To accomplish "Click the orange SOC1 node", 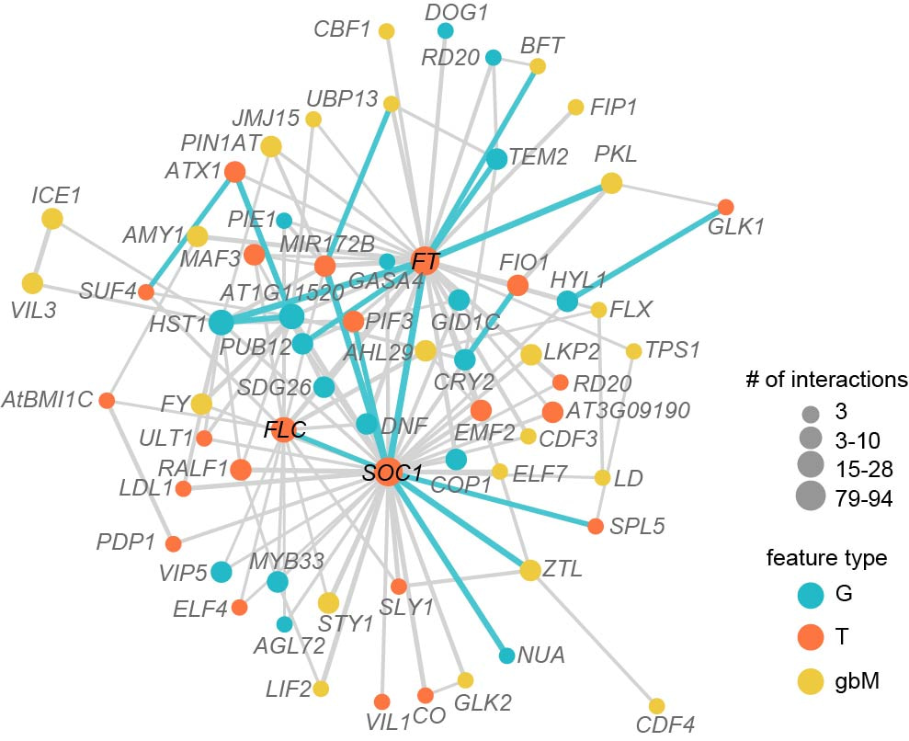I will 387,473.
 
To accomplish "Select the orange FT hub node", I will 425,261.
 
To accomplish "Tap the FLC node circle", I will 283,428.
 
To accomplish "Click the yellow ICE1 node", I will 52,219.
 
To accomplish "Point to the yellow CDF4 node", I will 656,706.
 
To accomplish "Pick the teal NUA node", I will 506,655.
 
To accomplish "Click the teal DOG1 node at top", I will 446,31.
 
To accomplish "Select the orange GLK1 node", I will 725,207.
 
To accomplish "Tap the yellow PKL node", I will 611,184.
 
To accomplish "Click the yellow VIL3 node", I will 33,284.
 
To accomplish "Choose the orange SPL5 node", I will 596,526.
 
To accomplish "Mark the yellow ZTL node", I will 530,571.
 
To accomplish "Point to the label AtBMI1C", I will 48,400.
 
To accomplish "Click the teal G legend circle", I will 809,594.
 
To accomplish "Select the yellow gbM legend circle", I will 809,681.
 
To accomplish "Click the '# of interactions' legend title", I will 827,379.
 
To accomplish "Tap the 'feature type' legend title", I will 827,558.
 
